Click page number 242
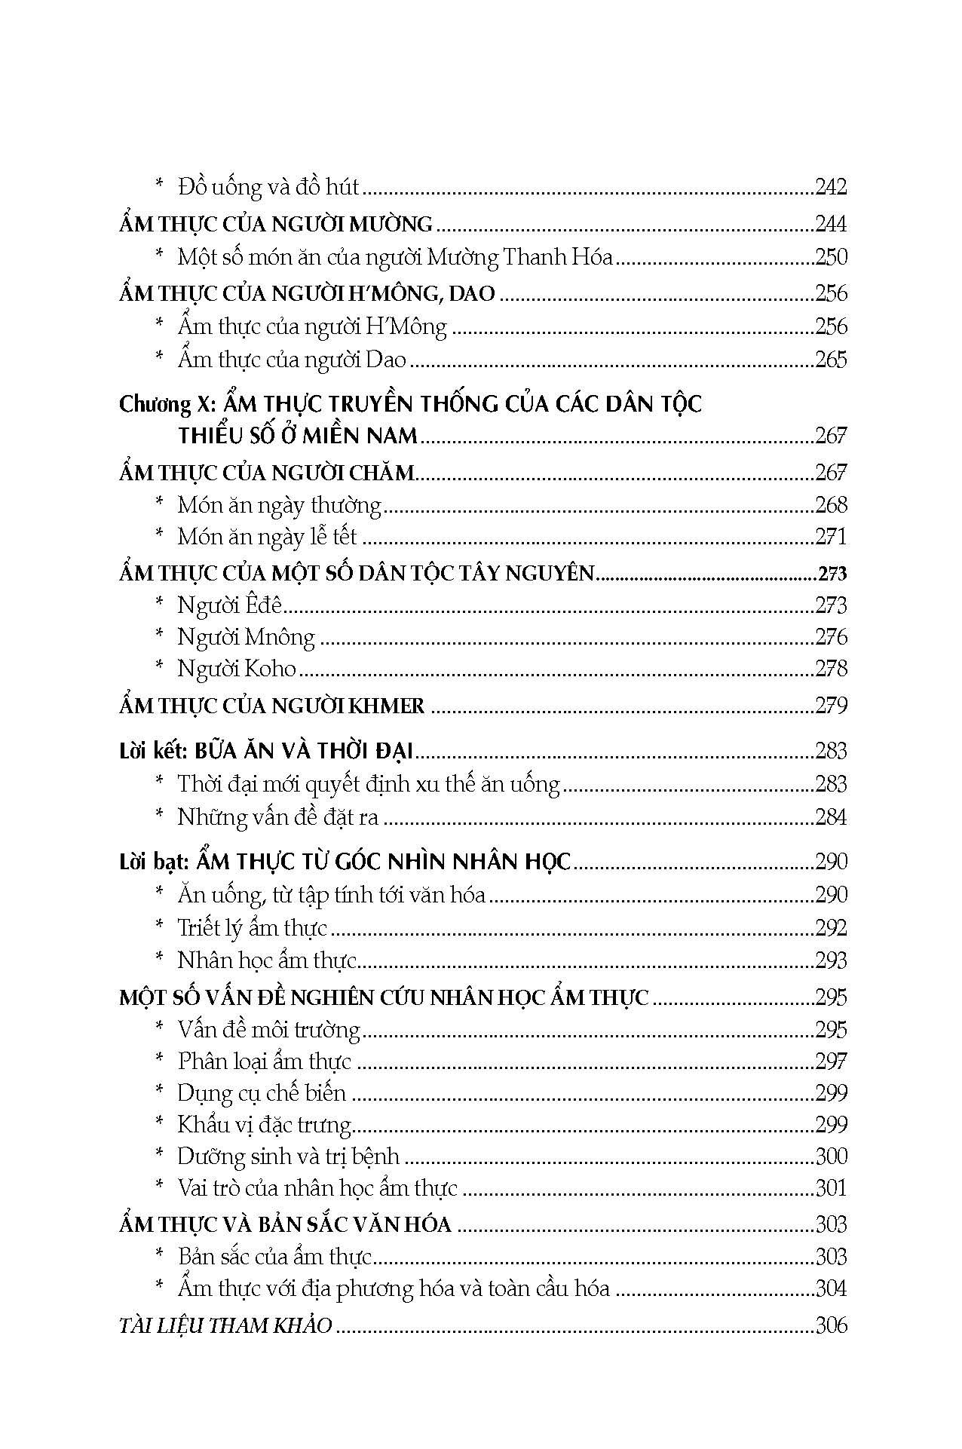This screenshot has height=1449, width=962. point(831,186)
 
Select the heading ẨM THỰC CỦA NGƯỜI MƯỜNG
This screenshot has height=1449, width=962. point(276,224)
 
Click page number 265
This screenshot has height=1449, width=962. point(831,359)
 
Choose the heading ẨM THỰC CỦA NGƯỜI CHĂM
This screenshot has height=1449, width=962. point(267,473)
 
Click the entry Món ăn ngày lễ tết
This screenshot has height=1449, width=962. point(267,537)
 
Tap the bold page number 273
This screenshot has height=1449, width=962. point(832,574)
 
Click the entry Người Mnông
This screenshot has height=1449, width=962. point(246,637)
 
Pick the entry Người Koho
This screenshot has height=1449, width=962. point(237,669)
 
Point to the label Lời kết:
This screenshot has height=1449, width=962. point(153,752)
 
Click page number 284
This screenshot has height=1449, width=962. point(831,816)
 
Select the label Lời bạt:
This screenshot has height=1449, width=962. point(154,862)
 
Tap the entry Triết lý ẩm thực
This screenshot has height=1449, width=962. point(252,927)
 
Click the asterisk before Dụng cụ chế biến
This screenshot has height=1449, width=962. point(159,1092)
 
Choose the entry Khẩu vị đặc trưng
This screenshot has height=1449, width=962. point(265,1125)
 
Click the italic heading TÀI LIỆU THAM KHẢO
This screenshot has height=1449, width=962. point(225,1325)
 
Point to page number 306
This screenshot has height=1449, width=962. point(831,1325)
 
